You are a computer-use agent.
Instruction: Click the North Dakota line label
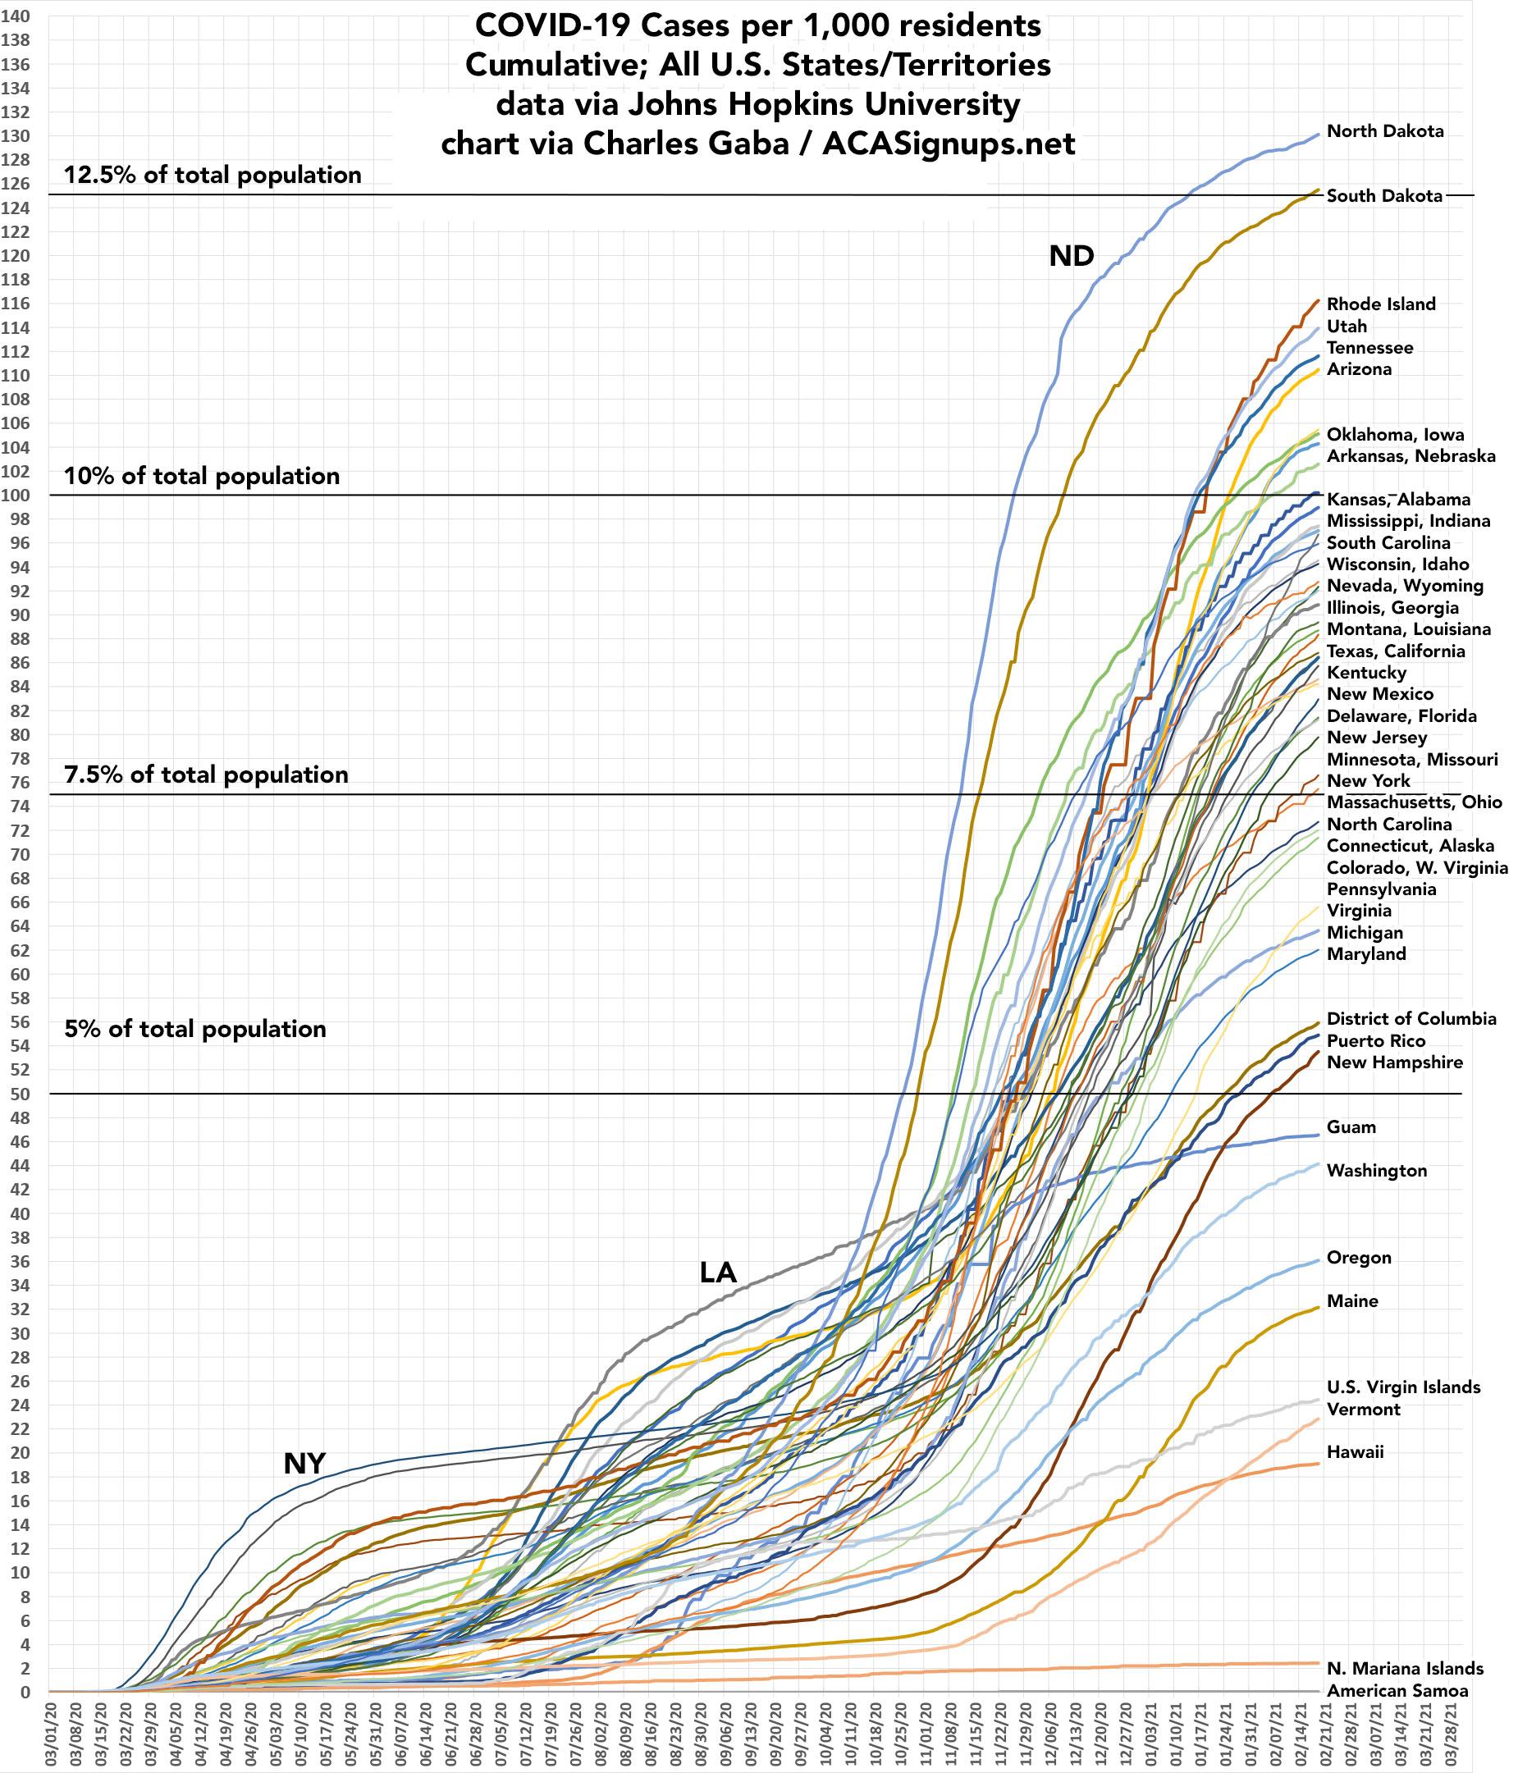tap(1384, 131)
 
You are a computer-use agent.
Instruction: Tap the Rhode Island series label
tap(1381, 304)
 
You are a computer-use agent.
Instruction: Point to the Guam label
tap(1351, 1127)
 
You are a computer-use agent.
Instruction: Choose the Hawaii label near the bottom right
tap(1355, 1452)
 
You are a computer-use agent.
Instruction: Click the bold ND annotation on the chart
tap(1072, 256)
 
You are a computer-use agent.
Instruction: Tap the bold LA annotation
tap(718, 1273)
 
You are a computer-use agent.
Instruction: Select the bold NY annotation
tap(304, 1463)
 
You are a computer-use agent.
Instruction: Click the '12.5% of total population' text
tap(213, 176)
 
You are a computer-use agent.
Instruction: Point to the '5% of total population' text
tap(196, 1029)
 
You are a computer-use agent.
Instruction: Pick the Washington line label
tap(1377, 1171)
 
